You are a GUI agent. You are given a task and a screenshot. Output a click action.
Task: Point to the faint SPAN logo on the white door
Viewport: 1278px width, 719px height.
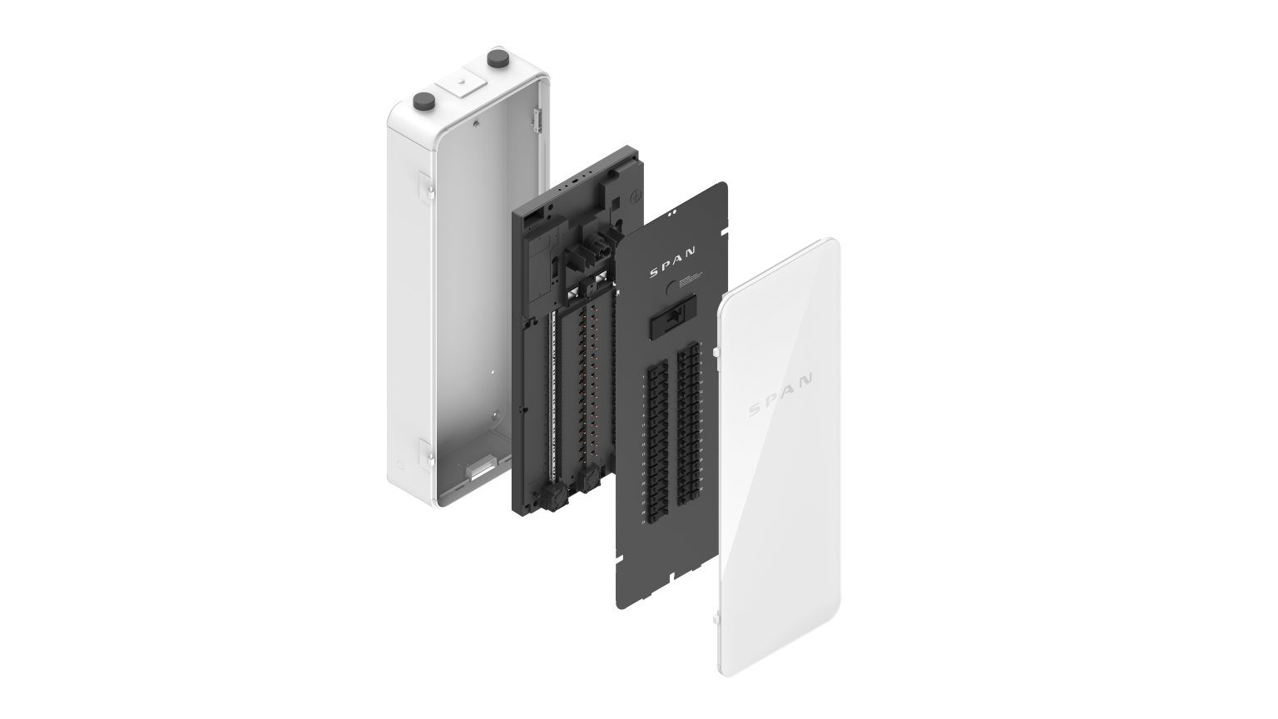(x=780, y=394)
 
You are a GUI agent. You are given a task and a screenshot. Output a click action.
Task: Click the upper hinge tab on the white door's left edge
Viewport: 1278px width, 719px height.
(x=716, y=355)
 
